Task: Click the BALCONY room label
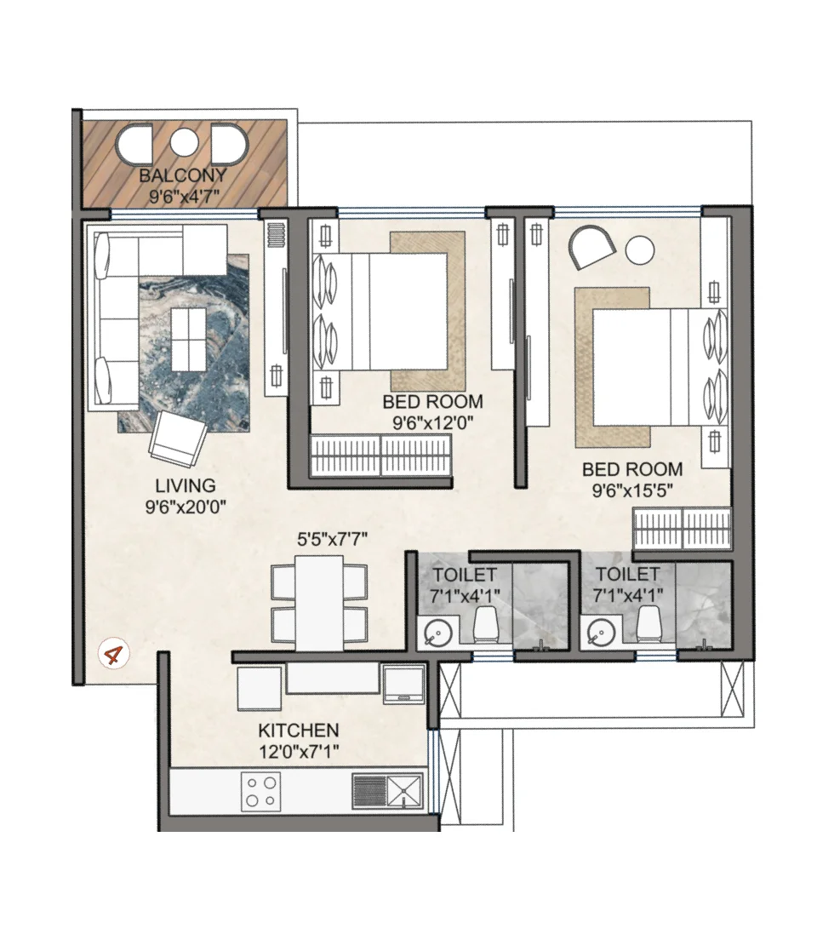click(183, 176)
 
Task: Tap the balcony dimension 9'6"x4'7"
click(183, 195)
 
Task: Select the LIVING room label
click(185, 486)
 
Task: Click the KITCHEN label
click(299, 731)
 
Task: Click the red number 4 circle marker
click(112, 656)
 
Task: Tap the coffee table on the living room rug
click(187, 339)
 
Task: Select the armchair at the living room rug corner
click(178, 438)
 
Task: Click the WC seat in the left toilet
click(486, 626)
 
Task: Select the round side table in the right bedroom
click(640, 250)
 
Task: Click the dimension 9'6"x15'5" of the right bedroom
click(631, 490)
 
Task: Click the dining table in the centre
click(319, 602)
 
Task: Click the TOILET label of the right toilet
click(628, 574)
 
